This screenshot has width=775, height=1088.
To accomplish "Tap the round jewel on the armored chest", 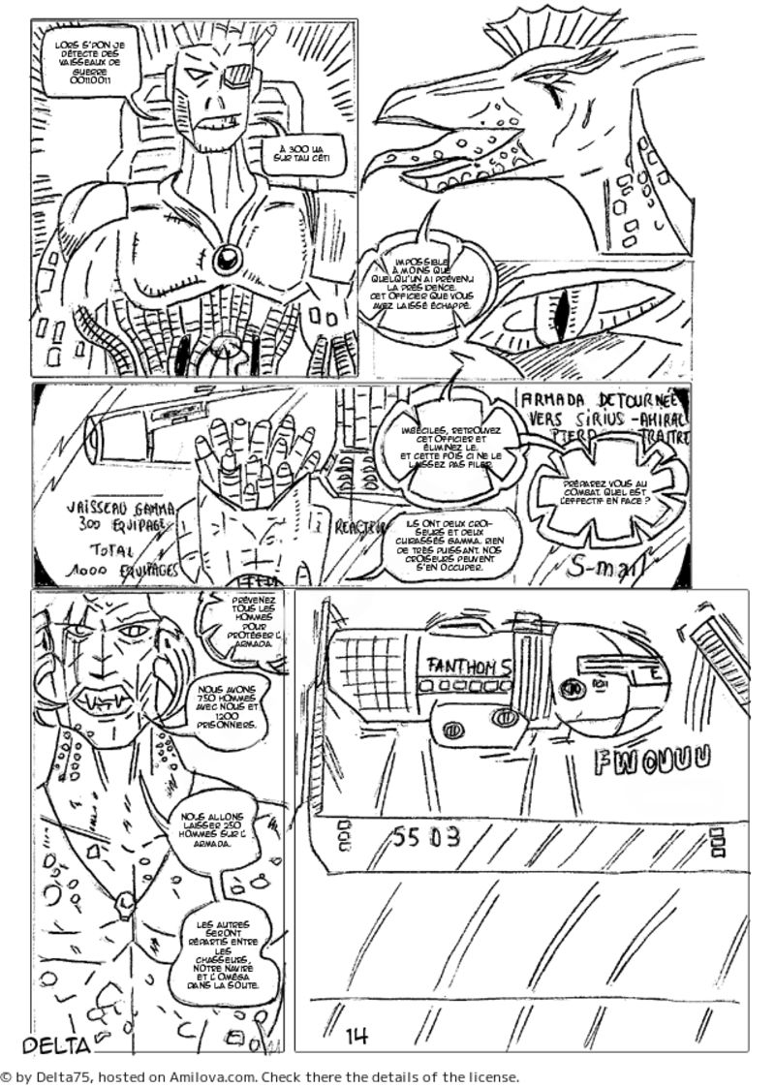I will [x=229, y=258].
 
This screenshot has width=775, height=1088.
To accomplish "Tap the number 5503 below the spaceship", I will [x=427, y=837].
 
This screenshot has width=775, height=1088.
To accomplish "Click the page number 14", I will [x=356, y=1036].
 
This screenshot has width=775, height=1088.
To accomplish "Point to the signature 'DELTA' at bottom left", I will [x=55, y=1044].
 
